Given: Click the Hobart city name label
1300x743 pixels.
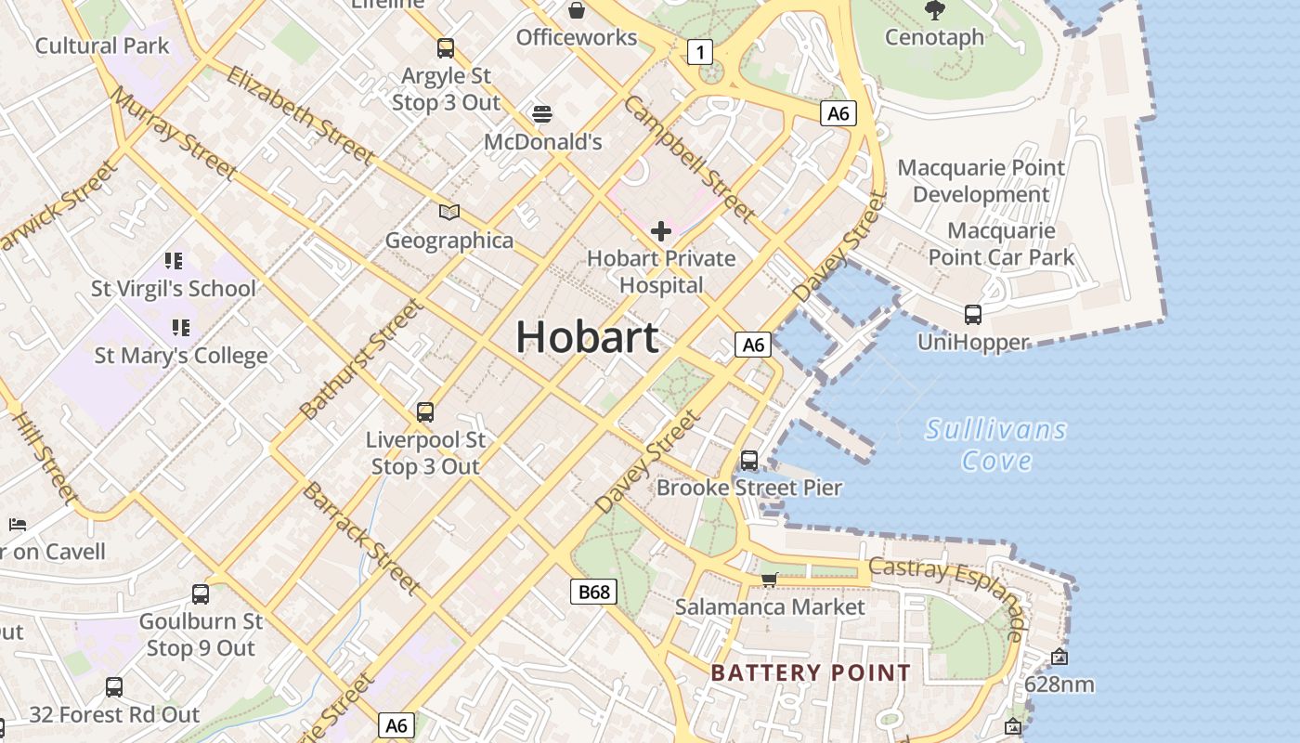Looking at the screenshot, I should click(x=587, y=336).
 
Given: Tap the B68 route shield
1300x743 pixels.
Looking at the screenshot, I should click(x=594, y=592).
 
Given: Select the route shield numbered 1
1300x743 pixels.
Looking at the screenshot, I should click(x=699, y=52).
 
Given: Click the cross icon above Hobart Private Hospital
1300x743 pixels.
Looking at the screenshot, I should click(x=661, y=230).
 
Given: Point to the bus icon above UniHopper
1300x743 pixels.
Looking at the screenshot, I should click(x=972, y=315).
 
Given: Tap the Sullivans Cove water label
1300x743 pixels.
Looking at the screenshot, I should click(x=996, y=445).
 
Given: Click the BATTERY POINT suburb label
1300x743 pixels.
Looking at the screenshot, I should click(x=811, y=673).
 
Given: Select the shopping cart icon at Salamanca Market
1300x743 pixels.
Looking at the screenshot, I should click(x=768, y=580).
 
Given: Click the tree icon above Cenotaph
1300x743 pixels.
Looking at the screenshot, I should click(x=934, y=10).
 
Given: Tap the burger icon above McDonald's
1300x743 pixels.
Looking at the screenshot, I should click(x=543, y=114).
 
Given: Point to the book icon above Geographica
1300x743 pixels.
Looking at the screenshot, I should click(x=449, y=213).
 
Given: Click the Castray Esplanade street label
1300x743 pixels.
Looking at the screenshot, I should click(x=947, y=585).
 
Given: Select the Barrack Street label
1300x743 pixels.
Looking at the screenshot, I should click(x=360, y=537).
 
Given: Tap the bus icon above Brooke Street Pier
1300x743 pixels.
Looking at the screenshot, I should click(x=749, y=460).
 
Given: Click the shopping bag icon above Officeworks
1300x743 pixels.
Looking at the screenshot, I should click(x=577, y=10).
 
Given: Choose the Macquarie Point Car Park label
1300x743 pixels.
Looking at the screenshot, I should click(x=1001, y=244).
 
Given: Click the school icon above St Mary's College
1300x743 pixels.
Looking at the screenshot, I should click(x=180, y=327).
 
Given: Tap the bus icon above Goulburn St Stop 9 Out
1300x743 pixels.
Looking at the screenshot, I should click(x=201, y=593).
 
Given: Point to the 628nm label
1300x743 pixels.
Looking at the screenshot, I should click(x=1059, y=685).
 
